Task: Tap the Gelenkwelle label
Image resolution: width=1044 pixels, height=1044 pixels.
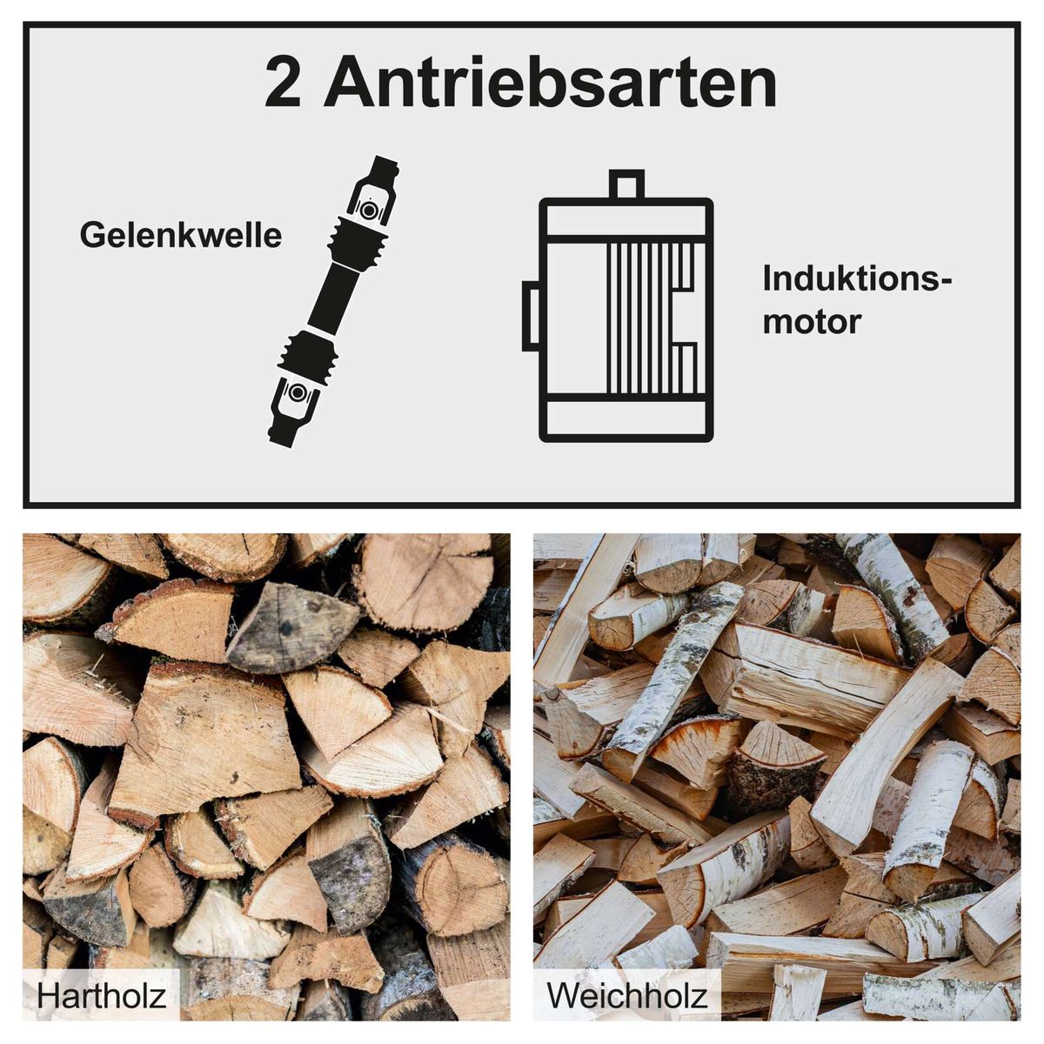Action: point(181,236)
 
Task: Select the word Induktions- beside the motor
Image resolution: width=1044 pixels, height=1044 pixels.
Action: point(857,280)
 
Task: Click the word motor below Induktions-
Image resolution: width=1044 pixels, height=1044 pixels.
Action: point(811,322)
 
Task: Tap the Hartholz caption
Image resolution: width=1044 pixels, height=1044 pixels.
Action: point(101,995)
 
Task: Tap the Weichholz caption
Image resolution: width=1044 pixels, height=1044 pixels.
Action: point(626,995)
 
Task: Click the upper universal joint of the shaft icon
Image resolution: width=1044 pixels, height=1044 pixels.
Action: point(370,210)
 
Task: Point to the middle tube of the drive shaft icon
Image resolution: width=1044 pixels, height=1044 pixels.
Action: point(335,301)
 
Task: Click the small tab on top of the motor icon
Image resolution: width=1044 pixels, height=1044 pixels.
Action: point(626,184)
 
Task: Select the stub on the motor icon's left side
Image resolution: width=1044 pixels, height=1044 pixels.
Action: point(531,316)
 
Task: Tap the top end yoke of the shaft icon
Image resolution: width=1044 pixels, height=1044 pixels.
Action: point(384,170)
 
